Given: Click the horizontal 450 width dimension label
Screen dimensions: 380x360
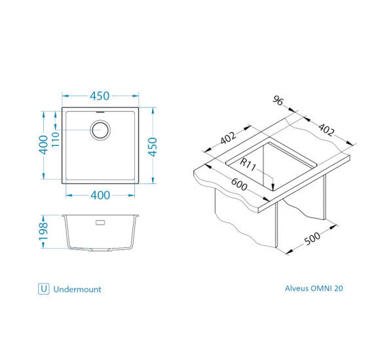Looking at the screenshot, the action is point(100,96).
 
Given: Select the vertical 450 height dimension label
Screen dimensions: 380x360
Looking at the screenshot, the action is point(153,147).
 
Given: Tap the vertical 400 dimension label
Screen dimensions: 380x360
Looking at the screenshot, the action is point(44,145).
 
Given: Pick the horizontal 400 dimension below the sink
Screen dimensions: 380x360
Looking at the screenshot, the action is point(100,195).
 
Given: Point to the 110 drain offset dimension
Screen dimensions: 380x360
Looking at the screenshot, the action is point(56,139).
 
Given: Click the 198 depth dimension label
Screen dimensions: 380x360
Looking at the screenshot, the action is point(44,231).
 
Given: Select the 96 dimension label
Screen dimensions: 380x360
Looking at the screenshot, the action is point(278,100).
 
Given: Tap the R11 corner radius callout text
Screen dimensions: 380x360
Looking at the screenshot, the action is point(248,165).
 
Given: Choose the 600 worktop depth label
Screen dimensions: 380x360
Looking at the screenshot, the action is point(239,185).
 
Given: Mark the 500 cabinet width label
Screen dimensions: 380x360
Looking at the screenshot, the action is point(312,239).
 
